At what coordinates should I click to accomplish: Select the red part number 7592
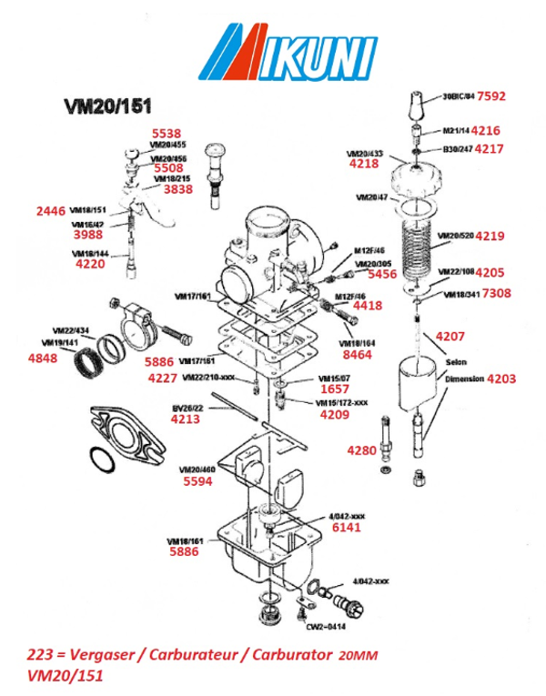491,96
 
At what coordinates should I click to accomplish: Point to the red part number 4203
500,377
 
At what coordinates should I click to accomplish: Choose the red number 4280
361,450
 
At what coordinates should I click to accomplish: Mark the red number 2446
50,211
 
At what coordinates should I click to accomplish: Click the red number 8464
356,355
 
